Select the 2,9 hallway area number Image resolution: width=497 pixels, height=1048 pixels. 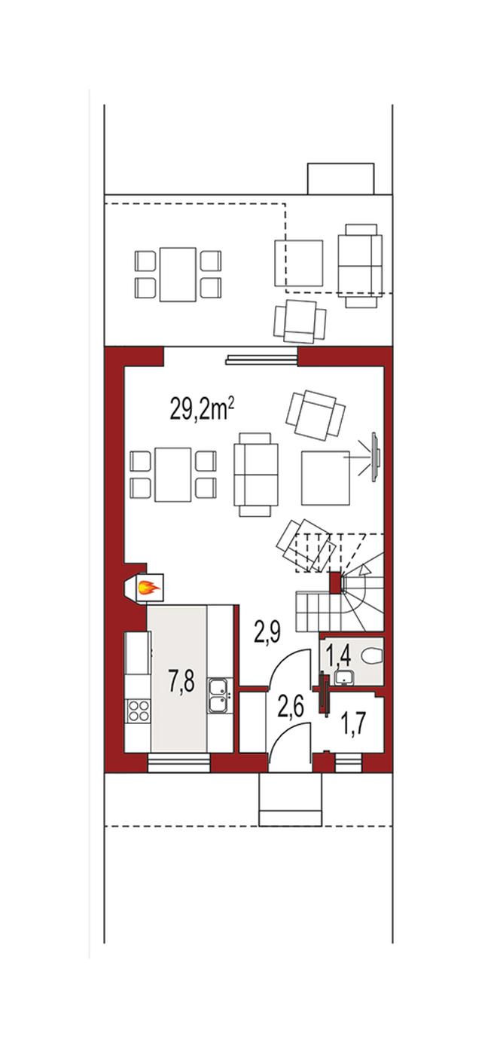(267, 634)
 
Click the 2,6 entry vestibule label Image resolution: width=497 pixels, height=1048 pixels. (291, 707)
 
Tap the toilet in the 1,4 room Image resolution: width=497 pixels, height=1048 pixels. (373, 658)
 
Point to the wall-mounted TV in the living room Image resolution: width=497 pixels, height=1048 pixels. (375, 457)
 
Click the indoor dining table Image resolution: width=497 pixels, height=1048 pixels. (173, 475)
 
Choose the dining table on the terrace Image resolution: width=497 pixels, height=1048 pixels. (178, 275)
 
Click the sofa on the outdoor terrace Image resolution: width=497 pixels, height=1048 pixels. (360, 266)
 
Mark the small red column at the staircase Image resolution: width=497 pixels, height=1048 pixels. (336, 582)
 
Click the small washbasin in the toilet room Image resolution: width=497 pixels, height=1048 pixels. (344, 677)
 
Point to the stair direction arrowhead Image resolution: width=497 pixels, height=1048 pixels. (365, 570)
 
